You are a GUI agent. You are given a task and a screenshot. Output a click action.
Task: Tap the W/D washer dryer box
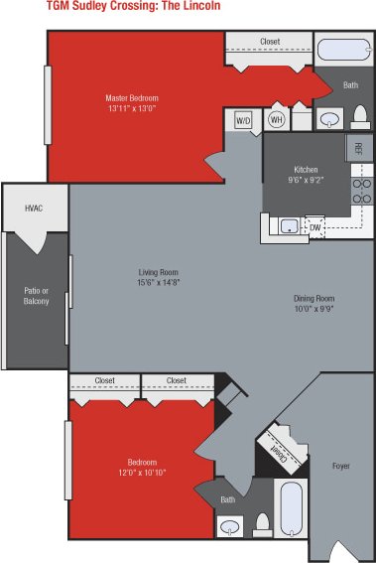tap(243, 119)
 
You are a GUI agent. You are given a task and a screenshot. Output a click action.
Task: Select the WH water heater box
tap(276, 119)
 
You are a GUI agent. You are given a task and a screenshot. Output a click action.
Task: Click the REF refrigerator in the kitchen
tap(358, 149)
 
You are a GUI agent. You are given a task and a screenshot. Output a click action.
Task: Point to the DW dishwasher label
tap(314, 228)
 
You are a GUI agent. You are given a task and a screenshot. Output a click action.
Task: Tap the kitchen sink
tap(289, 225)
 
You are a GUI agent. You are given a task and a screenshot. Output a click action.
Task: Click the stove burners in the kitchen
tap(362, 191)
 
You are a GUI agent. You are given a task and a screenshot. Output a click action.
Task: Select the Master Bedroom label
tap(132, 98)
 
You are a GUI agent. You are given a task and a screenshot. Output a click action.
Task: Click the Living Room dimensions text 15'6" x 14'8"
tap(158, 282)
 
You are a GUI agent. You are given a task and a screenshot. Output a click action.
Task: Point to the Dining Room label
tap(314, 298)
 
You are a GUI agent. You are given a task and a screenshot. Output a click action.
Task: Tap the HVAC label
tap(34, 209)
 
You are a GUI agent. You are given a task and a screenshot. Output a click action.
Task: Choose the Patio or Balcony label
tap(37, 295)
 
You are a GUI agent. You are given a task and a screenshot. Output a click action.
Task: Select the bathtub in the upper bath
tap(341, 50)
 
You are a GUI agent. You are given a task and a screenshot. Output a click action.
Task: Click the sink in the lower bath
tap(230, 526)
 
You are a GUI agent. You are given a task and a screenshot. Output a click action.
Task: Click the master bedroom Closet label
tap(269, 42)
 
